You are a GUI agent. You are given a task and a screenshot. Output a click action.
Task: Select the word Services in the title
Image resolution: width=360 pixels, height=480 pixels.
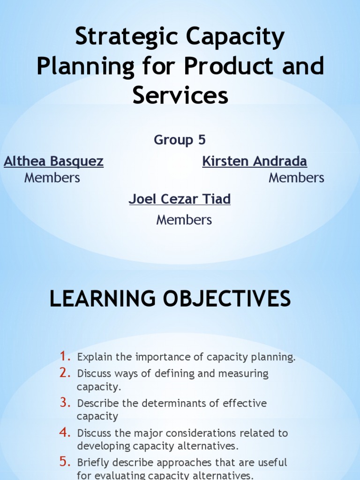coord(180,95)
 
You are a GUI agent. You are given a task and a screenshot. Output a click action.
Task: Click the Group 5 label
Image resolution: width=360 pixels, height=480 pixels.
coord(180,140)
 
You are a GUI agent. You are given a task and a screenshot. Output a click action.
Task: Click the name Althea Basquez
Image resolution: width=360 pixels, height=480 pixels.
coord(53,162)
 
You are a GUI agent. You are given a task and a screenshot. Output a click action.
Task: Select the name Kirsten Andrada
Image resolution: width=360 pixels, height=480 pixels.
coord(255,162)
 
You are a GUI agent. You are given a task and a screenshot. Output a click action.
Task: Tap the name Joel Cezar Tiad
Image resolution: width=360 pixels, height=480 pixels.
coord(180,199)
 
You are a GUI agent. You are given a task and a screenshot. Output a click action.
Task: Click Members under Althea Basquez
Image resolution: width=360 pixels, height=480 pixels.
coord(52,178)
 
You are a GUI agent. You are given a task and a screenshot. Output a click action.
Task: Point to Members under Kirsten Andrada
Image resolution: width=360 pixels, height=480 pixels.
coord(296,178)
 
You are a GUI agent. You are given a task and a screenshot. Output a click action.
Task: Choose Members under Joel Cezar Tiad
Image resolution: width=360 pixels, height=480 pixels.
coord(184,220)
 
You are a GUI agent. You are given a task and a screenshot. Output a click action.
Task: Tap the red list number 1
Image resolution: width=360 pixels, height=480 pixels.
coord(65,357)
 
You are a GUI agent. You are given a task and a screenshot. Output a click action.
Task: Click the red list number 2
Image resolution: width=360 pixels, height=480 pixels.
coord(65,373)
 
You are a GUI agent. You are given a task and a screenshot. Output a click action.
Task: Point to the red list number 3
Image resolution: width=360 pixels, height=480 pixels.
coord(65,403)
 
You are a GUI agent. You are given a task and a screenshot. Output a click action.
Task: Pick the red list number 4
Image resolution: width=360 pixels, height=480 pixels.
coord(65,433)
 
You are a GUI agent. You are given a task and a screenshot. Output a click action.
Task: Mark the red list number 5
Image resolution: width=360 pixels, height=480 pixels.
coord(65,462)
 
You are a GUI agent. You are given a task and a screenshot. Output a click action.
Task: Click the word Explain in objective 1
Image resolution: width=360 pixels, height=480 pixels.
coord(95,358)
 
